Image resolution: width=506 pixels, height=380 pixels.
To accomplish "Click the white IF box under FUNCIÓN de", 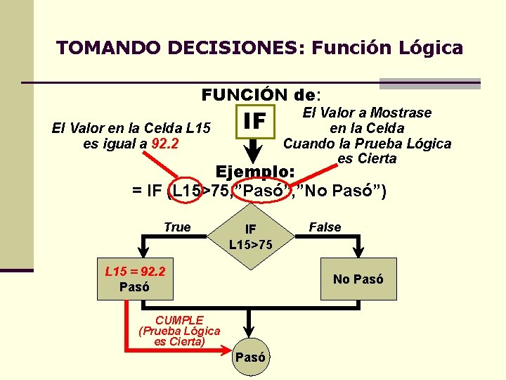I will (254, 122).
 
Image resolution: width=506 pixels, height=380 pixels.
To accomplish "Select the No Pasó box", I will (358, 279).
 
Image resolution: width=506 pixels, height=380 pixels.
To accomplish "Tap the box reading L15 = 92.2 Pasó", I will (134, 279).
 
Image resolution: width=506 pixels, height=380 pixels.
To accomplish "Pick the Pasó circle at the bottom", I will (250, 356).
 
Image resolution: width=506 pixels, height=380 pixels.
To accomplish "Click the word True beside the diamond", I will (177, 227).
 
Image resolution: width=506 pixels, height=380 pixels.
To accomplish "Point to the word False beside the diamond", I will (325, 227).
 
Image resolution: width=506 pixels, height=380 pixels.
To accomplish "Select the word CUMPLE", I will (180, 319).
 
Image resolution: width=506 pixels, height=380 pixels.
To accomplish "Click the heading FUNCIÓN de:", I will (260, 94).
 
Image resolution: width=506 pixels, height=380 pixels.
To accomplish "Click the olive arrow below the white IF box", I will (254, 149).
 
